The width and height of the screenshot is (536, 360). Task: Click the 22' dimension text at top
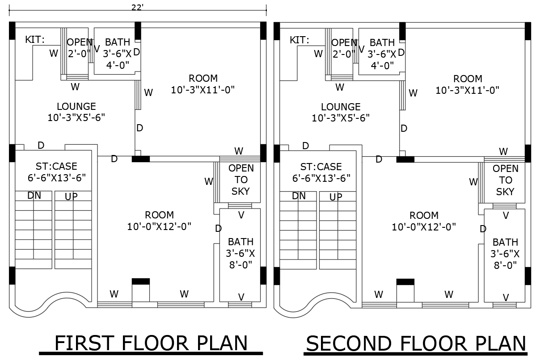(138, 8)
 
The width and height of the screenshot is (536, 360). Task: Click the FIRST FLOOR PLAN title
(151, 343)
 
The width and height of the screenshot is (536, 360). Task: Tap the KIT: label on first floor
(35, 40)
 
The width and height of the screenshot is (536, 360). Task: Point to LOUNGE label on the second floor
(341, 107)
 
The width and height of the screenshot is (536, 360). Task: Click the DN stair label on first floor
(34, 195)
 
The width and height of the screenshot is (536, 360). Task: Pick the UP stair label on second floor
(336, 197)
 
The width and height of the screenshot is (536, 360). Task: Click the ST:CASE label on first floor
(56, 167)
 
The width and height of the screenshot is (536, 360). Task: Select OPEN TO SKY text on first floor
(241, 180)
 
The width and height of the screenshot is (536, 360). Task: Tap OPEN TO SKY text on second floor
(506, 180)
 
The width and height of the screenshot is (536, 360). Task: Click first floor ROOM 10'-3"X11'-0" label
(203, 84)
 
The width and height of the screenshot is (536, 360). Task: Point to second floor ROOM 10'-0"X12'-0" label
(424, 221)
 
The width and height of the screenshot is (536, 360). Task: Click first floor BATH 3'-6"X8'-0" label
(241, 253)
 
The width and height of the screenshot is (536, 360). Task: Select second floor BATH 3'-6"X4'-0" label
(382, 54)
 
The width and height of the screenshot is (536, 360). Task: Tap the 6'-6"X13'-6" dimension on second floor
(321, 178)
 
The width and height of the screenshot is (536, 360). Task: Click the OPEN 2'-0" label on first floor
(79, 48)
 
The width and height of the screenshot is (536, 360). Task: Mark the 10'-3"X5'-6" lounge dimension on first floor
(76, 118)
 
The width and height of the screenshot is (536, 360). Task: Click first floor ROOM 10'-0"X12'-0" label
(159, 221)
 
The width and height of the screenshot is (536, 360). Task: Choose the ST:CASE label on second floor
(321, 167)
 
